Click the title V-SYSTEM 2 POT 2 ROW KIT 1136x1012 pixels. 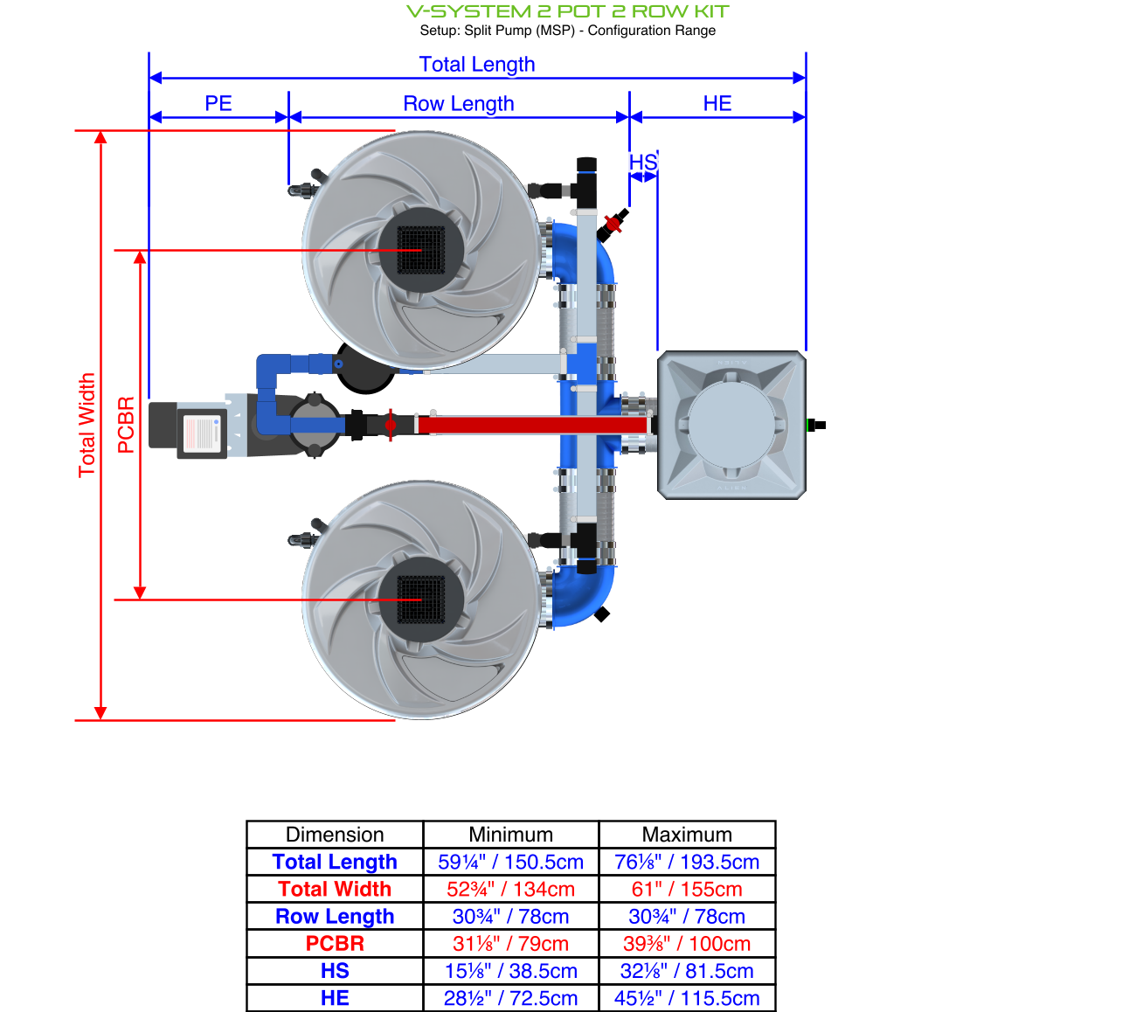567,11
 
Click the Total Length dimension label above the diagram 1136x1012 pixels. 476,65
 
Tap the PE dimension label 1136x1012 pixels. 218,104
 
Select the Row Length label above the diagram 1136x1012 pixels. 458,104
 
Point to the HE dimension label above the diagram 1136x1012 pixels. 717,104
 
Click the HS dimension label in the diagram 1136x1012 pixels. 642,163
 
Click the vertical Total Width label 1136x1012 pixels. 87,425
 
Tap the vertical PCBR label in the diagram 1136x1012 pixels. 126,425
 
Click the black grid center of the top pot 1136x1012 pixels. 421,250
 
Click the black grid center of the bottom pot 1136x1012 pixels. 421,600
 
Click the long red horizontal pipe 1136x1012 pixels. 533,425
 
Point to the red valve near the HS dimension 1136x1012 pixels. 613,225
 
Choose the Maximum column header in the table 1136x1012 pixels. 687,835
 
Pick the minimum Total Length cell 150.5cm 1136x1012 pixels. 510,862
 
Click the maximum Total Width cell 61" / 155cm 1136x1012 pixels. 687,889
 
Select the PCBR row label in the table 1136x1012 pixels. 335,944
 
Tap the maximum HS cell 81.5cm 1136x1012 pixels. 687,971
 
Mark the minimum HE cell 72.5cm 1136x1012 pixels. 510,998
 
